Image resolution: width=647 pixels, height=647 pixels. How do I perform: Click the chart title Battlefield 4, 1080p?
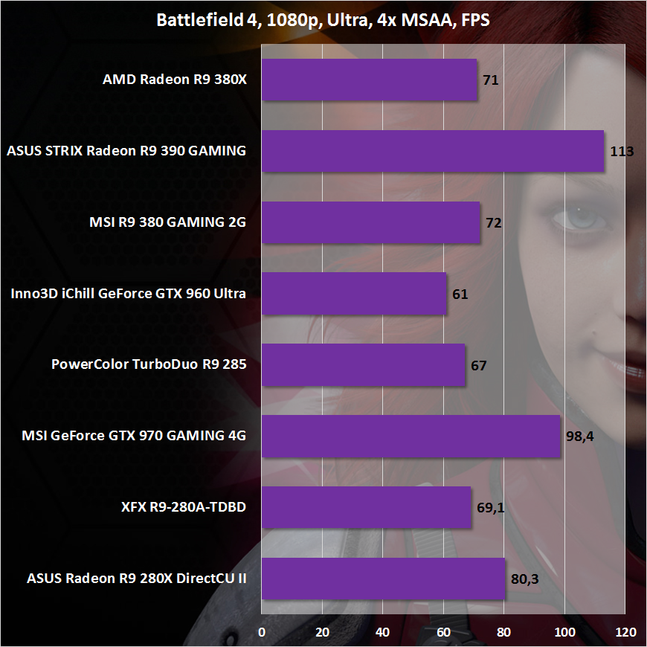click(323, 19)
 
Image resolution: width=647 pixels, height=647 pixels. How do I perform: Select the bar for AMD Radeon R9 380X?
click(369, 80)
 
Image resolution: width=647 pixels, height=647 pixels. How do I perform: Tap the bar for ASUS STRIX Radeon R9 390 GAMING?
click(433, 151)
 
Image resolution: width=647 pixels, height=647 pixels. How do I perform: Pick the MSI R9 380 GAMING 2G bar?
click(370, 222)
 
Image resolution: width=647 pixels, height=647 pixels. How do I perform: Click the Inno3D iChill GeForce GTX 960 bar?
click(354, 294)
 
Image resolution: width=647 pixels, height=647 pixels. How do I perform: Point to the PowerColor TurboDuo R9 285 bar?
click(363, 365)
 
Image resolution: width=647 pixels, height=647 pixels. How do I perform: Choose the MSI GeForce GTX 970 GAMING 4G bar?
click(411, 437)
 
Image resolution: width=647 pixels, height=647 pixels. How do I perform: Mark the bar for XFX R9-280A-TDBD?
click(366, 507)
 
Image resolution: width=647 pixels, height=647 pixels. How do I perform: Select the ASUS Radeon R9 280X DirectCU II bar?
click(383, 579)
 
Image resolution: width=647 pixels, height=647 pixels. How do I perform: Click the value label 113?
click(621, 152)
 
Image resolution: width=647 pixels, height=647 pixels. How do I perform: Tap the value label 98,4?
click(580, 437)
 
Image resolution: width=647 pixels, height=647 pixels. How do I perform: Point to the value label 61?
click(460, 294)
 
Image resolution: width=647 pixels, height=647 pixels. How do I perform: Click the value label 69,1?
click(491, 508)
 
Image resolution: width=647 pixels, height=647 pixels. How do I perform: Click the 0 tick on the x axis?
click(262, 632)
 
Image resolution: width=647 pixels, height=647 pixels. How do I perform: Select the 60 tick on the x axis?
click(444, 632)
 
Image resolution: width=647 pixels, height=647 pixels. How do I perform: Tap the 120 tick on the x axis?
click(625, 632)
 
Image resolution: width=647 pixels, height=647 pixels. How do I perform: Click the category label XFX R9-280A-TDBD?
click(184, 508)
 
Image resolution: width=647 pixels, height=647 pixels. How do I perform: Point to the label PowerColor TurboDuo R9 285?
click(149, 365)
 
